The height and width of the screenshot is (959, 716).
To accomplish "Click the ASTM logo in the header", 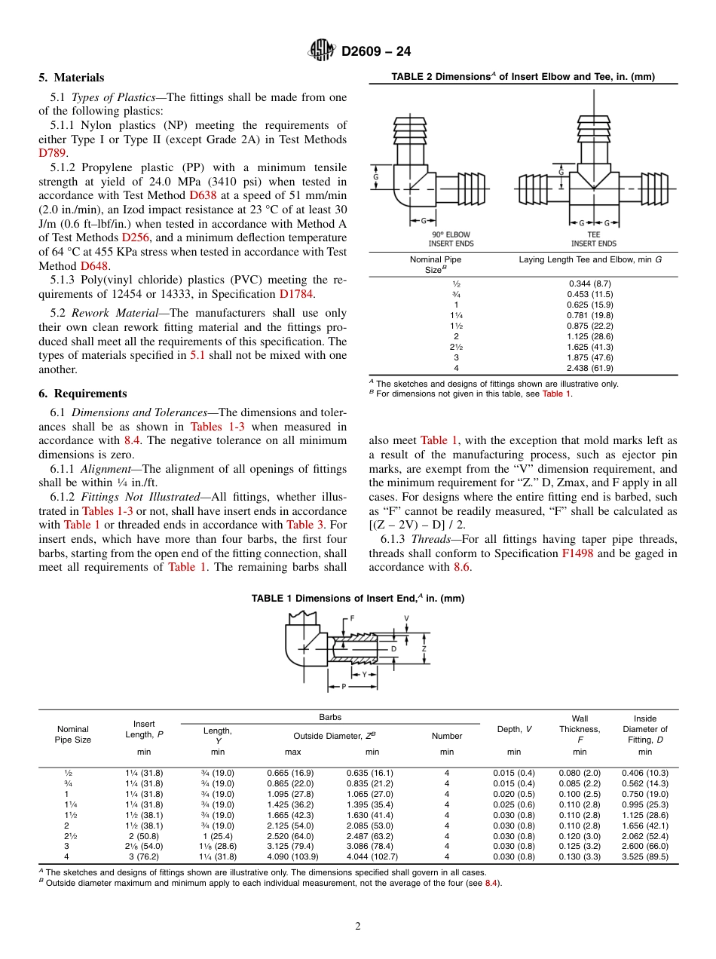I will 322,51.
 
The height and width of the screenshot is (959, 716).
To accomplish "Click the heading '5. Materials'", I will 72,78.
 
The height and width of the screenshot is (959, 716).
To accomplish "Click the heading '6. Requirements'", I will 83,394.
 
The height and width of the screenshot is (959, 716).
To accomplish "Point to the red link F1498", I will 576,553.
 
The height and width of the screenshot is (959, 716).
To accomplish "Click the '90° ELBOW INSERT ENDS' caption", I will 451,239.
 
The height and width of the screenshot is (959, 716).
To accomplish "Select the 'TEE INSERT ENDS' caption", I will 593,239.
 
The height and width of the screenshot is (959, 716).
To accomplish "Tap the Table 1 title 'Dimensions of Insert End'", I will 357,598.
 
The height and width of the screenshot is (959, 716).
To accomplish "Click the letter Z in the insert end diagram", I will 424,648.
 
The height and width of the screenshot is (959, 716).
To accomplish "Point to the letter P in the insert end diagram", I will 344,687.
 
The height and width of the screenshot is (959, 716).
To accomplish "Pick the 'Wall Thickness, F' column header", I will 579,729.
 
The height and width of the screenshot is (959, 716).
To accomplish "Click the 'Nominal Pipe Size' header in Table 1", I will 73,734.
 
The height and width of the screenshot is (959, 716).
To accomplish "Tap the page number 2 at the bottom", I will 358,926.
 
